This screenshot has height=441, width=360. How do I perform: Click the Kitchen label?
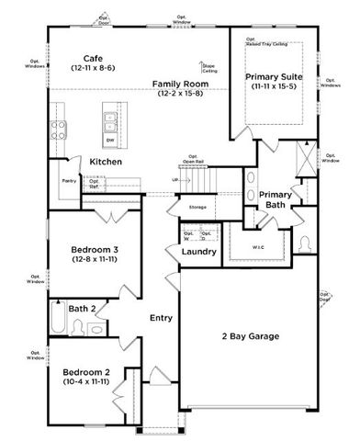click(106, 162)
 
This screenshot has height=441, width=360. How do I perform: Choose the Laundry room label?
click(199, 251)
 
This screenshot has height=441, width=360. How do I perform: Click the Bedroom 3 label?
click(95, 249)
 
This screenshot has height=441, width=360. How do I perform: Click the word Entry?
click(162, 318)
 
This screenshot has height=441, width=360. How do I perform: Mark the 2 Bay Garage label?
click(250, 336)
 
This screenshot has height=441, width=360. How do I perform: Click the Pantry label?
click(69, 182)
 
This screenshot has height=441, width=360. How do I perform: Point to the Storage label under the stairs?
click(197, 208)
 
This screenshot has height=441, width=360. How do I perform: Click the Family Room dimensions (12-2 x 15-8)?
click(182, 93)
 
